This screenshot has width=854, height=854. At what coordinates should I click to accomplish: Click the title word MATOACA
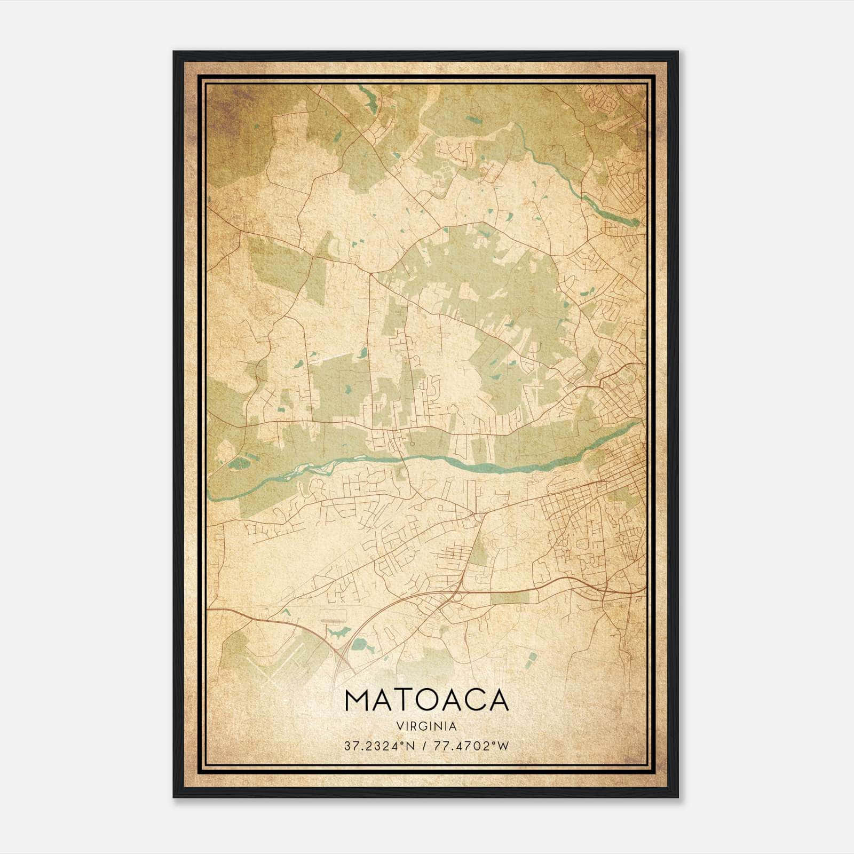426,701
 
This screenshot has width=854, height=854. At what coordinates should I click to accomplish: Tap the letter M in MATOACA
358,701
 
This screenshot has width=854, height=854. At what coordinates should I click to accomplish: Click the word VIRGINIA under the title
426,726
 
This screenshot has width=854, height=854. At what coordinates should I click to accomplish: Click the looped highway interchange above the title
342,657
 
